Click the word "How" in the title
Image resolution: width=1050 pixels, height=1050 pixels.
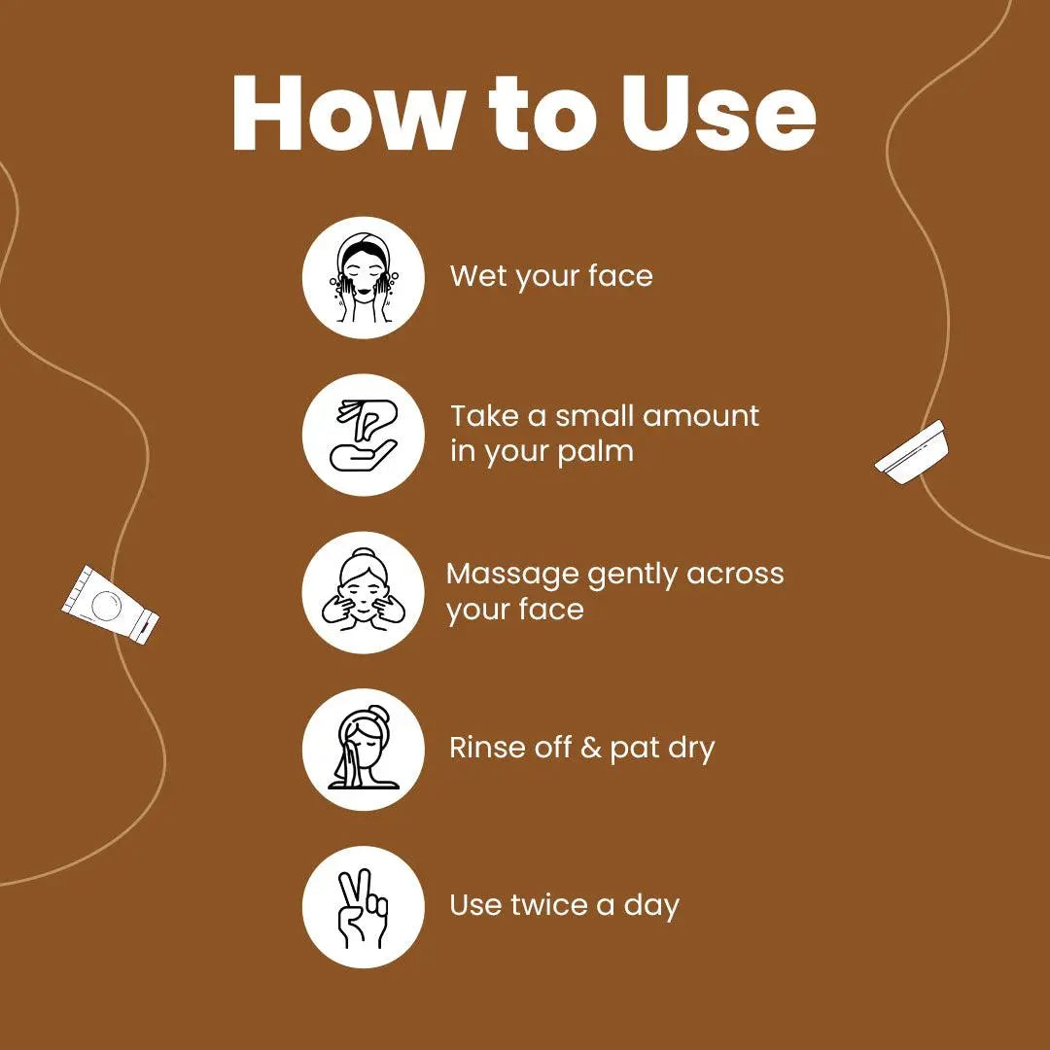tap(345, 113)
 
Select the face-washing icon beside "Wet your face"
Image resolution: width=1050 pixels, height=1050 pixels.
tap(363, 277)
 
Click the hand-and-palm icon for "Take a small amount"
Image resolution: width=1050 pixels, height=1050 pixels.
tap(363, 435)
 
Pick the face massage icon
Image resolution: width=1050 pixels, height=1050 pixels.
tap(363, 592)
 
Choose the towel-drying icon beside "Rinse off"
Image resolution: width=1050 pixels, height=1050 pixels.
tap(363, 750)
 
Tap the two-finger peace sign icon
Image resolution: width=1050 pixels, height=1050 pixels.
tap(363, 907)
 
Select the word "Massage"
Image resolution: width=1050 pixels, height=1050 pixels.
tap(512, 576)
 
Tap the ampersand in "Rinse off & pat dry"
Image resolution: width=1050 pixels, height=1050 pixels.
tap(591, 748)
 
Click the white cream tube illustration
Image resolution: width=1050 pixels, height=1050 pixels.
tap(111, 605)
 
